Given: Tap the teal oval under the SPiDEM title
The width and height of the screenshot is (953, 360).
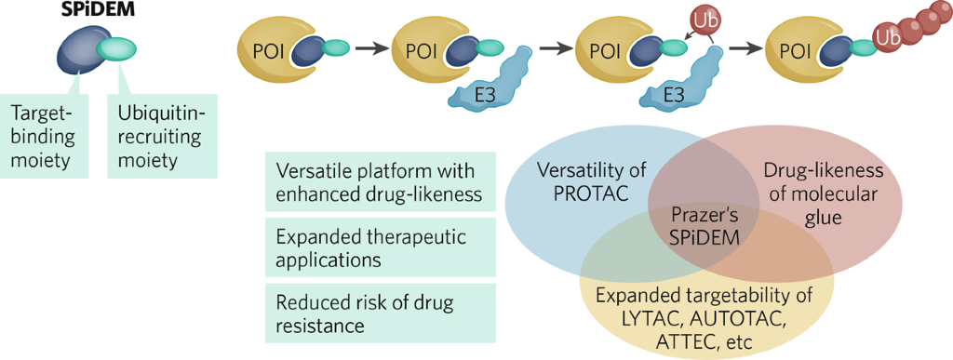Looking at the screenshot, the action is click(117, 48).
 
